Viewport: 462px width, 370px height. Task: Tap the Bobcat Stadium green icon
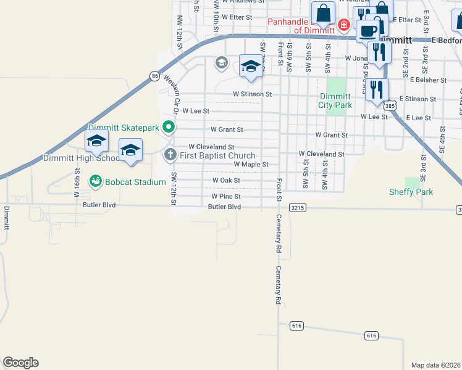coord(95,181)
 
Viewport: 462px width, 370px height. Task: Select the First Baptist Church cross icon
coord(170,155)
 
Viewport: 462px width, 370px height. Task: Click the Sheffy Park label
coord(411,192)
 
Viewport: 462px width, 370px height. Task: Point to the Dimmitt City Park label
coord(335,101)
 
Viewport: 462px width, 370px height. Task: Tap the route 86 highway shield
coord(154,76)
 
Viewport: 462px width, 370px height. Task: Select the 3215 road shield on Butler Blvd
coord(297,208)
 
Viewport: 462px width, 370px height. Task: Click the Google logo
coord(20,363)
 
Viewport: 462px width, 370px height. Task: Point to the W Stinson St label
coord(252,94)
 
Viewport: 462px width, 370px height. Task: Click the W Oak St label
coord(225,180)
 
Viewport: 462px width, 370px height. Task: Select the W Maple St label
coord(251,165)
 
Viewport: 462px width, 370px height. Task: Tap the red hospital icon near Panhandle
coord(344,25)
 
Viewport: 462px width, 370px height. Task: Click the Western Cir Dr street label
coord(171,96)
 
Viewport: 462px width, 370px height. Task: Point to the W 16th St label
coord(78,186)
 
